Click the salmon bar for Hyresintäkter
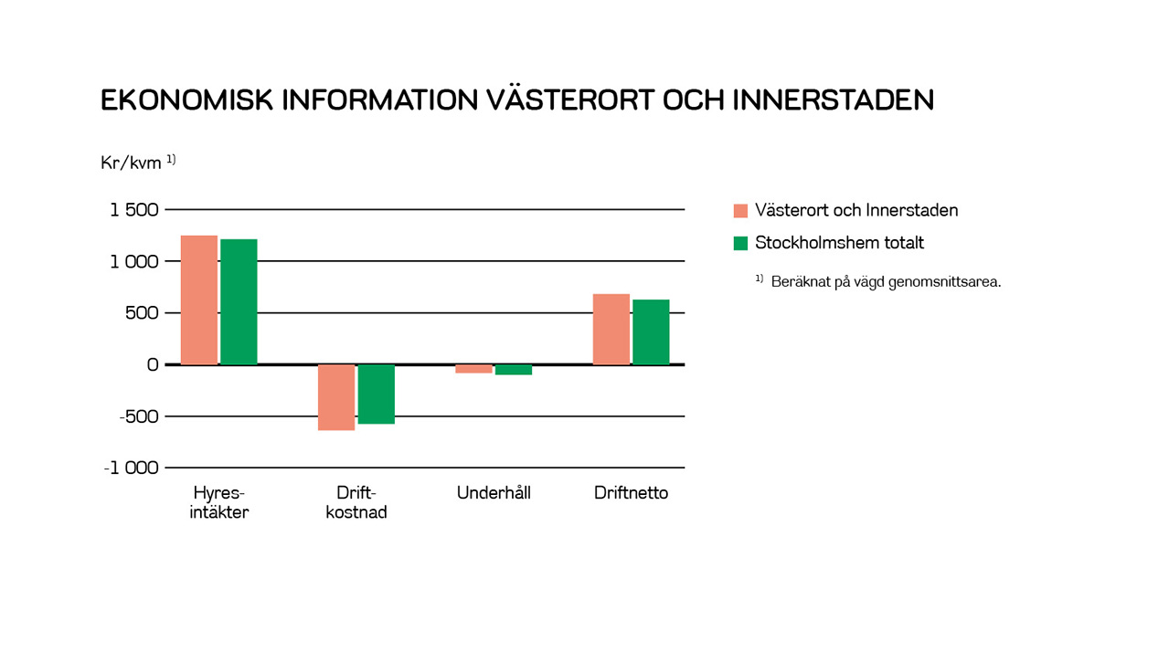(199, 300)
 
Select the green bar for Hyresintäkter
(239, 302)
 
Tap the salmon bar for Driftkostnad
(336, 397)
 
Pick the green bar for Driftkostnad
(377, 394)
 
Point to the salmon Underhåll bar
(474, 369)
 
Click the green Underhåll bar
(514, 370)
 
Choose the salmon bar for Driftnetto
(611, 330)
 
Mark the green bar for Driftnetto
(652, 332)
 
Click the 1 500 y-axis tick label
(134, 210)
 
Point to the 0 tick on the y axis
(153, 365)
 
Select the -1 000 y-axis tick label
(132, 468)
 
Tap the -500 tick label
(139, 416)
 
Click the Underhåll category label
(494, 493)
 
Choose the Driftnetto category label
(632, 493)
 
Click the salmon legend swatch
(741, 211)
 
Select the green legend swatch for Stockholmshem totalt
(741, 243)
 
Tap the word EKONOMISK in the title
(186, 100)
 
